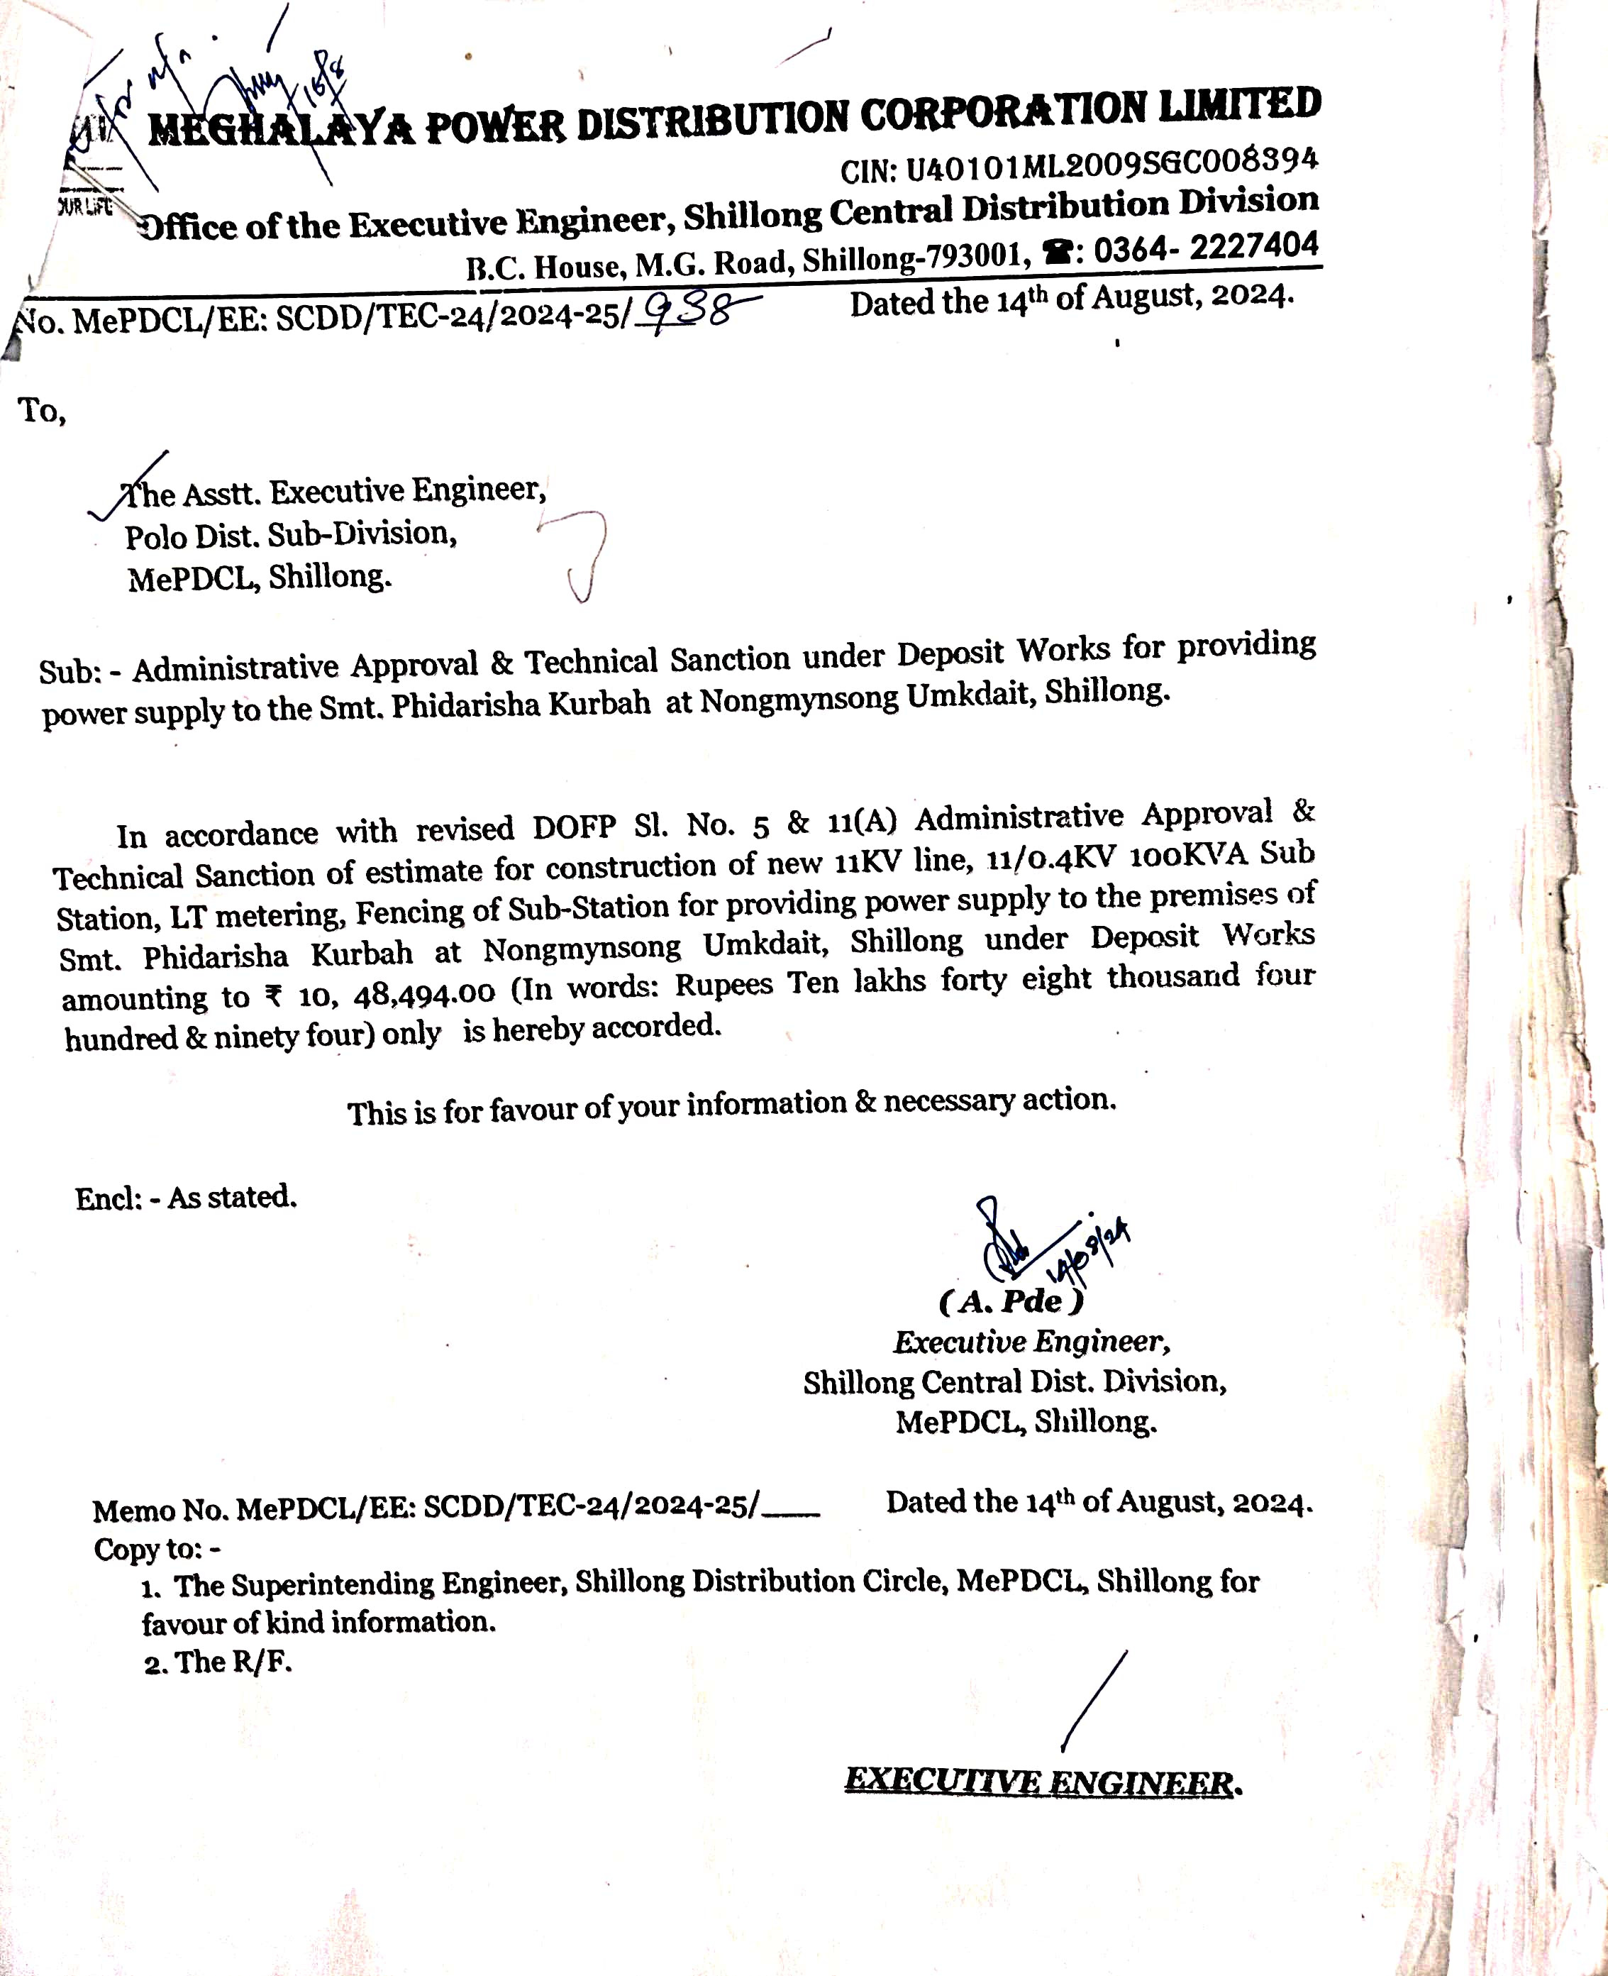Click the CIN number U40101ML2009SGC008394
point(1111,165)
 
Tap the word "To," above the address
point(42,409)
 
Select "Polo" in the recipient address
point(155,536)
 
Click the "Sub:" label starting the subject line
point(69,670)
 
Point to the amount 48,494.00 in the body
point(424,995)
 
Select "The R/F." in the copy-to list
point(233,1662)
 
